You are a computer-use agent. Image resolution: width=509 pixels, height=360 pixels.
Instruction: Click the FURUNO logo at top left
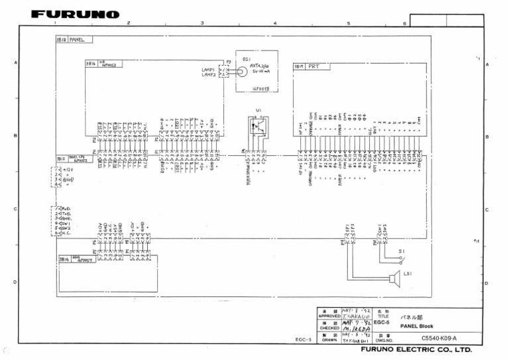(76, 15)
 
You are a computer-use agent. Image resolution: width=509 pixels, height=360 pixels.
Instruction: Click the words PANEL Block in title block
(416, 326)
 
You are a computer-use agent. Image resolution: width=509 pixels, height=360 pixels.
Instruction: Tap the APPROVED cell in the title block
(329, 316)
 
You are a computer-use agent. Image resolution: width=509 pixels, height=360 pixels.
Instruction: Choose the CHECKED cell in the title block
(329, 328)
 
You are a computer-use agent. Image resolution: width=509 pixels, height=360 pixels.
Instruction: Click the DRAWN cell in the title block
(329, 339)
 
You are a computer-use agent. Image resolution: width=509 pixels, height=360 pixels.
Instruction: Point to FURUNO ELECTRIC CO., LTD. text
(416, 349)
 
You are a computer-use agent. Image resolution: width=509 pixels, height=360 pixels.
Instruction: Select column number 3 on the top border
(202, 23)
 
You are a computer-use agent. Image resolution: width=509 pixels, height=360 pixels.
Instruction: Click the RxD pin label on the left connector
(66, 209)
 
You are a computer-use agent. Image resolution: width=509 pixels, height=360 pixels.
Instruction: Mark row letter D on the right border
(487, 282)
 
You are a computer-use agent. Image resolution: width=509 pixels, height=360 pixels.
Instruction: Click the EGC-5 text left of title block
(304, 339)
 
